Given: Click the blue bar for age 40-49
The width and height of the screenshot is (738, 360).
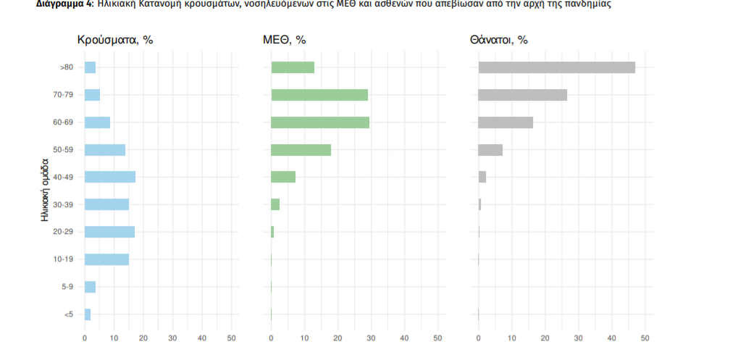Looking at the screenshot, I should (x=110, y=177).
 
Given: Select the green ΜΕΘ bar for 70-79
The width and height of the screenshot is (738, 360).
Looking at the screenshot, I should (x=319, y=95).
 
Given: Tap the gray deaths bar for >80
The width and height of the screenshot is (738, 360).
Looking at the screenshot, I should (x=556, y=67).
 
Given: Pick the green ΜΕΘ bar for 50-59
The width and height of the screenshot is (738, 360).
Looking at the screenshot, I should (x=301, y=150).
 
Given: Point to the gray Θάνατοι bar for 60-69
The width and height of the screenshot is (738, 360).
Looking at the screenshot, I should (x=506, y=122).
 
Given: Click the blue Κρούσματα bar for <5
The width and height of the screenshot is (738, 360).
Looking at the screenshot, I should (x=88, y=314).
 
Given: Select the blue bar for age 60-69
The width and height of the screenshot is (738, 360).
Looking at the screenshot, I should (x=97, y=122).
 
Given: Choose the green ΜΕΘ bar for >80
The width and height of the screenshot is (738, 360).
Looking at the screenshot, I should (x=293, y=67).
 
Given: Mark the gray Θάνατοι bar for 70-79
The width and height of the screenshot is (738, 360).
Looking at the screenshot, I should (x=522, y=95).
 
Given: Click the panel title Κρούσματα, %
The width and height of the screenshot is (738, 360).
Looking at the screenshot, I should (x=115, y=40).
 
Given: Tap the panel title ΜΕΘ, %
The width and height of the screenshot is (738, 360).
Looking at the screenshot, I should (x=284, y=40).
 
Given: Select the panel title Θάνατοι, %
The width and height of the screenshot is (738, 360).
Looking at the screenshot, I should (x=498, y=40).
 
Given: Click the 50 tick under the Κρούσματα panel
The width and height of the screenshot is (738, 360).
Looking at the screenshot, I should (x=231, y=338).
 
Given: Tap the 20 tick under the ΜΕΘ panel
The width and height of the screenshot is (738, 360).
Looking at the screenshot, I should (x=337, y=338).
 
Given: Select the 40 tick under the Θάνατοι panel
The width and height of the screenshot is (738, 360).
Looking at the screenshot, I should (x=611, y=338).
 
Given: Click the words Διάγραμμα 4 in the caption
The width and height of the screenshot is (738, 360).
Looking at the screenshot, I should (x=64, y=4).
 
